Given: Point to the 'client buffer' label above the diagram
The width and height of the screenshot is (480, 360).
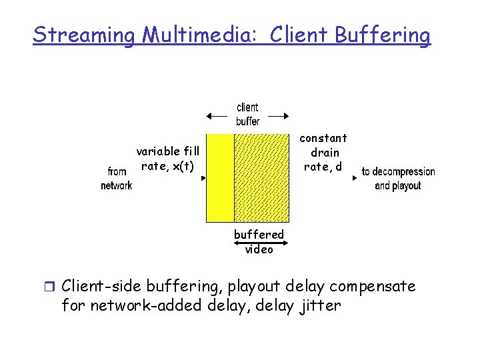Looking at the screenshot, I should pos(248,114).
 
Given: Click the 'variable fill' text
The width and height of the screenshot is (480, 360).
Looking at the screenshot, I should pos(168,151).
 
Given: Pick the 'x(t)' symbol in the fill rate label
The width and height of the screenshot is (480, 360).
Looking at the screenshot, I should pos(183,166).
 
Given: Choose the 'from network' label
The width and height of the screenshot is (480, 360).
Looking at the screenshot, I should pos(116,179).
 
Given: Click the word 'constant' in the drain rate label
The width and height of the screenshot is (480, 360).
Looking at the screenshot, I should pos(323,138).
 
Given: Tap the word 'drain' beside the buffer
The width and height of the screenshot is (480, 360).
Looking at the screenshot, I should pos(325,153).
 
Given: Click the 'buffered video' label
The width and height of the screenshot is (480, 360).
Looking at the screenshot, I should pos(259,241).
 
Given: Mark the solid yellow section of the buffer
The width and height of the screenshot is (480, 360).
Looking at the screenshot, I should pos(219,177).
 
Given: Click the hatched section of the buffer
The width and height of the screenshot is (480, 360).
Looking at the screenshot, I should pos(261,177).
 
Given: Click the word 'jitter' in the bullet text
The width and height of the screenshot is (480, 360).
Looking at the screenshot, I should pos(319,306).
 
